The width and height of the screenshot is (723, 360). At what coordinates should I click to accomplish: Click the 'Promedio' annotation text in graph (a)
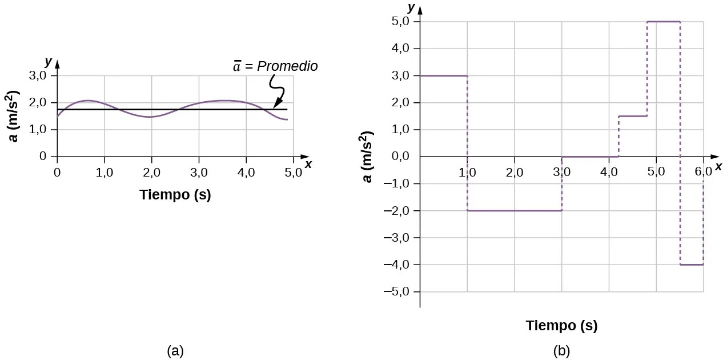click(x=287, y=66)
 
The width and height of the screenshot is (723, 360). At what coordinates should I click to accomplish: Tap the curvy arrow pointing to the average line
click(x=277, y=91)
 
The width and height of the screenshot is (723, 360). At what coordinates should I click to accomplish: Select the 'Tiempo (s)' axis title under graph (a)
click(x=175, y=195)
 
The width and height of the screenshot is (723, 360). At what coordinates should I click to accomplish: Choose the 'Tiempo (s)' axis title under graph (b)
click(x=561, y=326)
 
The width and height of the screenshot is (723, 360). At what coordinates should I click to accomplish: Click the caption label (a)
click(x=175, y=350)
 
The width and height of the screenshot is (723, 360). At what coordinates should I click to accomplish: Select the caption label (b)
click(x=561, y=350)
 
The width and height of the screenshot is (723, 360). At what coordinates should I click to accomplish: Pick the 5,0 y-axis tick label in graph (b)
click(x=402, y=22)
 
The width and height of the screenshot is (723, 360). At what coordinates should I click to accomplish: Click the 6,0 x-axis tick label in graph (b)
click(x=702, y=171)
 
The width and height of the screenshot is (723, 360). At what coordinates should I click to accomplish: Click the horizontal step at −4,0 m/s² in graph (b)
click(x=692, y=265)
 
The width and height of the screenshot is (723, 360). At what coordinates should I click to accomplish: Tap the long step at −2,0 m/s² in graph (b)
click(x=515, y=210)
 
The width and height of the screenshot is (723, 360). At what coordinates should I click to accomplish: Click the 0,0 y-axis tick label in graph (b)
click(x=402, y=157)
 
